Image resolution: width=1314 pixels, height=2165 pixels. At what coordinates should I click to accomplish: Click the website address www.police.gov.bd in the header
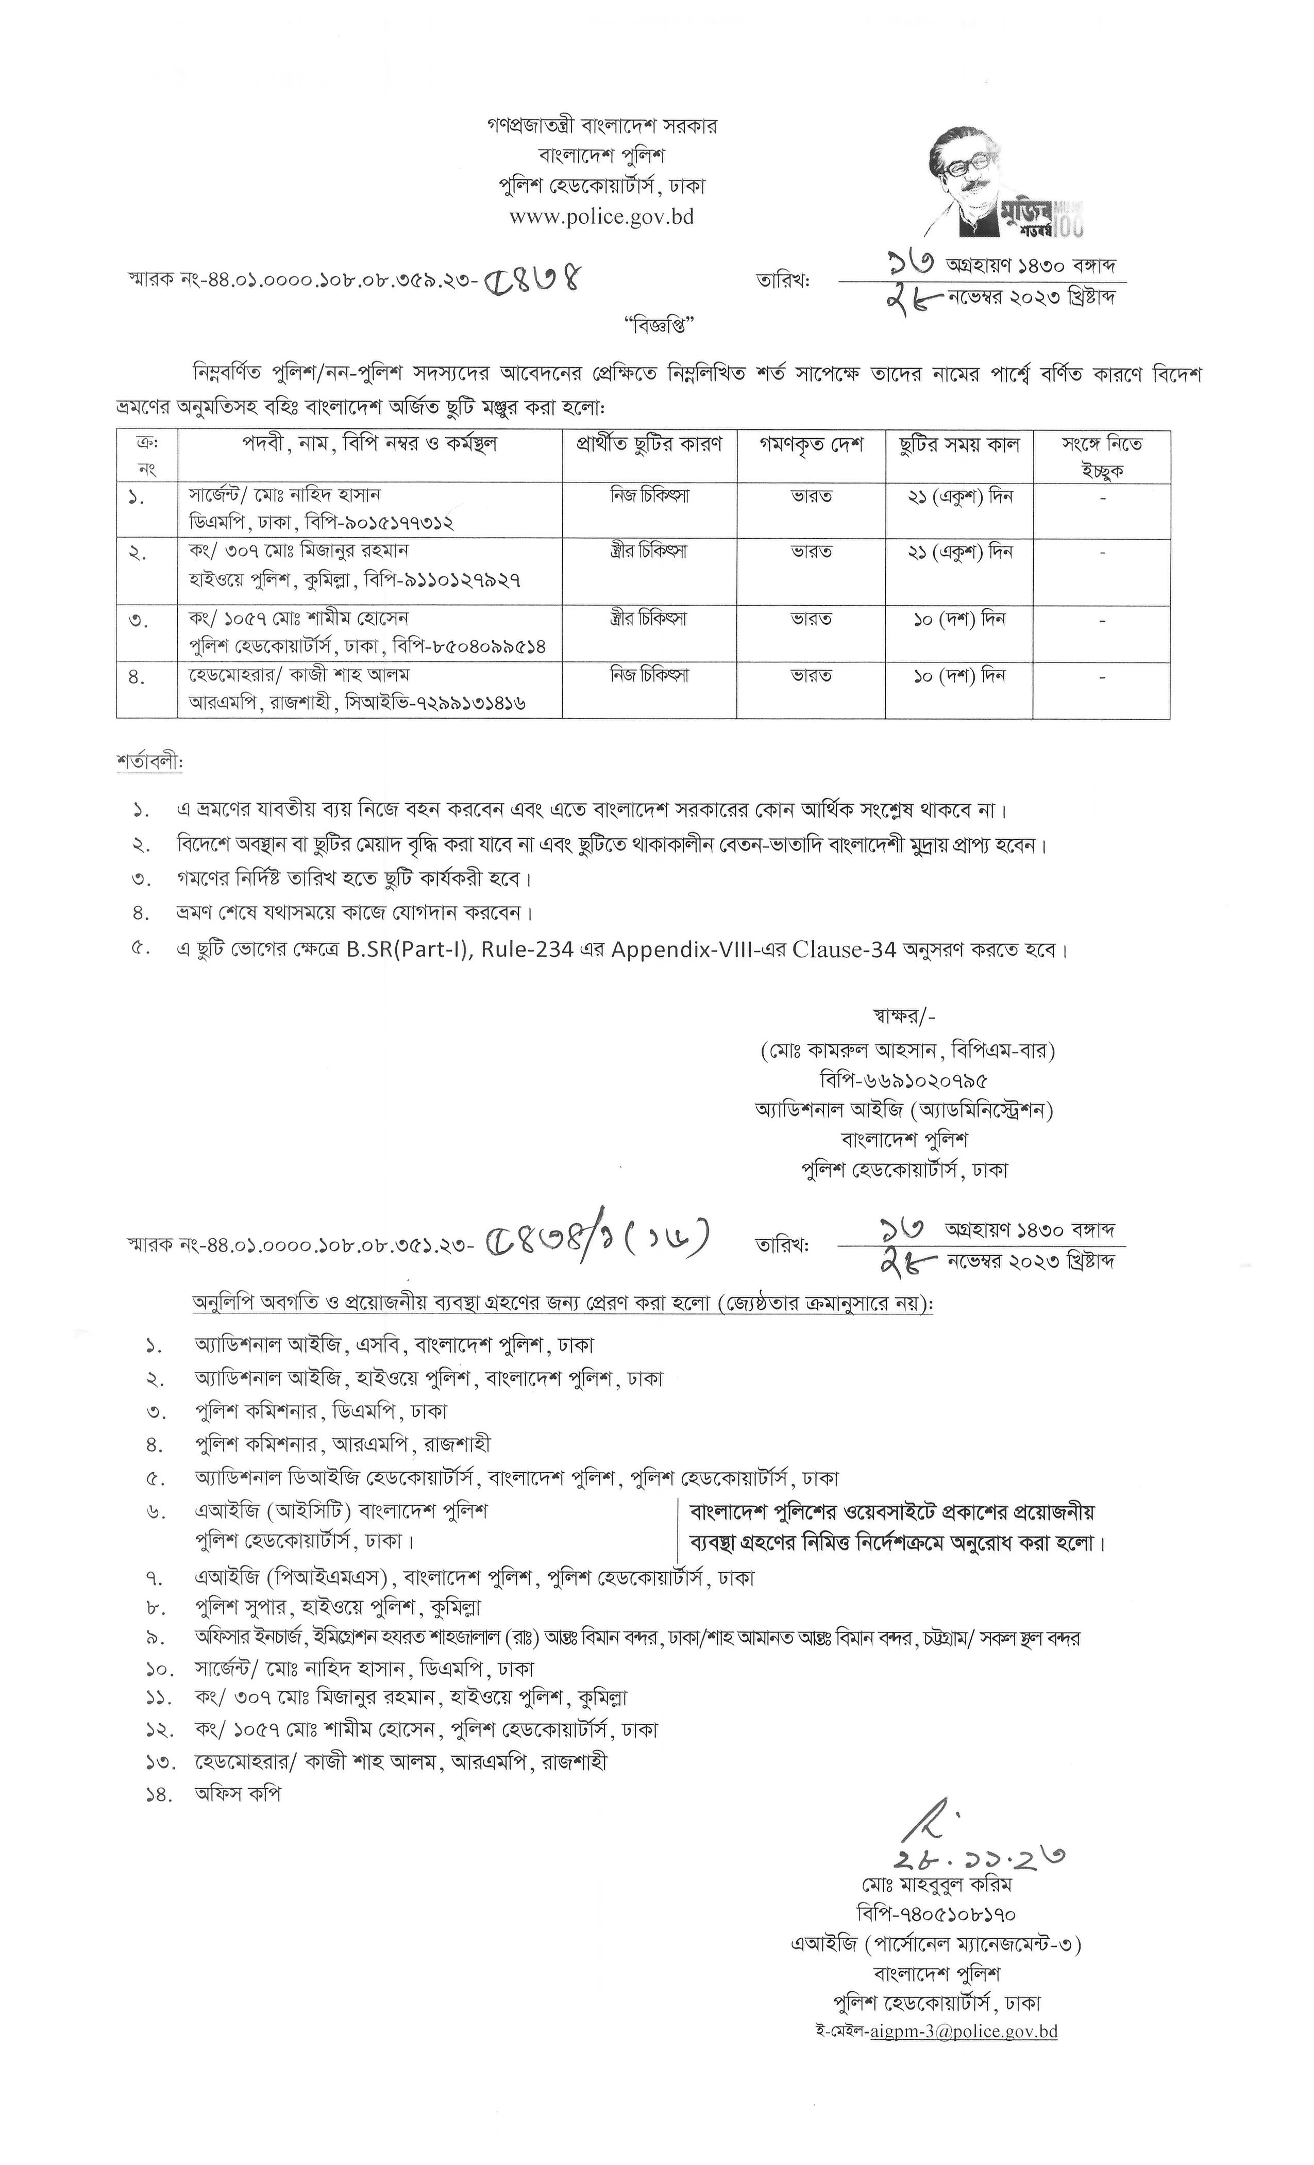click(602, 216)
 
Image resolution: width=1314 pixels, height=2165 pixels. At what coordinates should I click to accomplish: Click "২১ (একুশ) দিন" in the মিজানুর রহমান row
click(959, 553)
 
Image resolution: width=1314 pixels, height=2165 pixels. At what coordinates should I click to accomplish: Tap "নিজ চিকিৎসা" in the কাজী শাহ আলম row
click(649, 676)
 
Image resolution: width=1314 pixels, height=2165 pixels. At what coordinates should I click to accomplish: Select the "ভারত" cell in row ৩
click(811, 620)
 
